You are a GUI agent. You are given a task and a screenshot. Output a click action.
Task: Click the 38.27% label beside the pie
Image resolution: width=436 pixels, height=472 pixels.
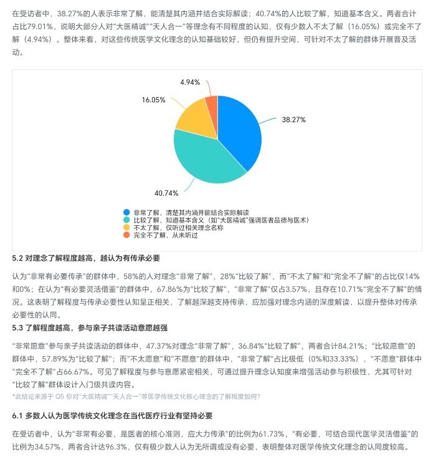coord(293,119)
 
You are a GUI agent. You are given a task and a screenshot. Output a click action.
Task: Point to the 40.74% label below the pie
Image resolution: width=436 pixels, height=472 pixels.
coord(166,193)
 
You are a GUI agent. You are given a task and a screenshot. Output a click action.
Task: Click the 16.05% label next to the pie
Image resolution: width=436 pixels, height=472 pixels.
coord(153,100)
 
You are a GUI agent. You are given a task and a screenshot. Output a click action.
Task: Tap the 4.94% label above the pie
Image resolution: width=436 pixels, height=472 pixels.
coord(190,82)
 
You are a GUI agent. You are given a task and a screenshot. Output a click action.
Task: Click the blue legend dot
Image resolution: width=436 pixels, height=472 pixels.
coord(127,213)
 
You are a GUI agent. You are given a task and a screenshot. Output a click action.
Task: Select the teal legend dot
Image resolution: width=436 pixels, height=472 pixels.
coord(127,220)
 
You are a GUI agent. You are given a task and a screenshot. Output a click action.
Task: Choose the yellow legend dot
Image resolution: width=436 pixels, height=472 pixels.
coord(127,228)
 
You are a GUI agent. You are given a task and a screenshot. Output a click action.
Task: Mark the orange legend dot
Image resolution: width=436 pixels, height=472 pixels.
coord(127,235)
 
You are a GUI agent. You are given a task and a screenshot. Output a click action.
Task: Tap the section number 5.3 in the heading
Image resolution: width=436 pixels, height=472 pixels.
coord(17,327)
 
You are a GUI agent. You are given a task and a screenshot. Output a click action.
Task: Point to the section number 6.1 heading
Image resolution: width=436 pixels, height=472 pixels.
coord(17,415)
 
